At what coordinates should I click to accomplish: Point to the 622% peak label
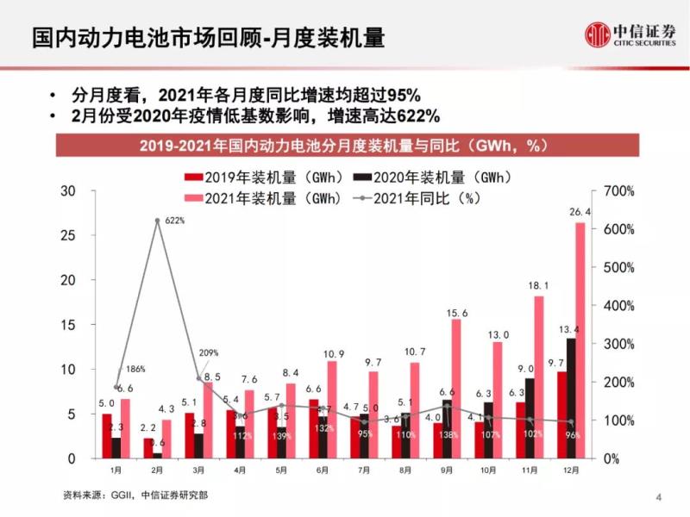(175, 221)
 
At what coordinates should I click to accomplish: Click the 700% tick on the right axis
(619, 191)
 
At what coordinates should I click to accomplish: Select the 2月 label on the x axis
(158, 471)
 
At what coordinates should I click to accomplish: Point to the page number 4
(658, 496)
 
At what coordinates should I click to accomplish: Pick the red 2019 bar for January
(107, 436)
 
